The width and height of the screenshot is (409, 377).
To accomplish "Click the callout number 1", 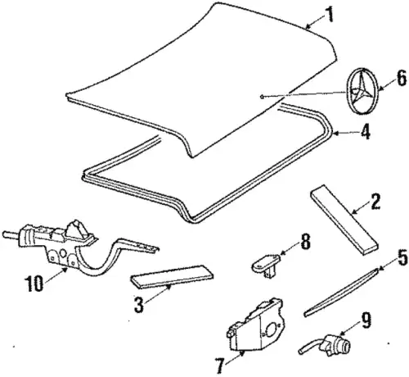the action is click(330, 15).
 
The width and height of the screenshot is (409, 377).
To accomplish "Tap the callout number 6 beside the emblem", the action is click(401, 79).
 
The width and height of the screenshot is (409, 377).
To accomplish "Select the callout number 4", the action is click(365, 132).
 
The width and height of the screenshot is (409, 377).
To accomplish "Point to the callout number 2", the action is click(375, 202).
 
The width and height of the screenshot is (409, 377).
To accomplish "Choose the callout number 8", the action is click(305, 242).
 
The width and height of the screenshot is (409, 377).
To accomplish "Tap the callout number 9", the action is click(366, 320).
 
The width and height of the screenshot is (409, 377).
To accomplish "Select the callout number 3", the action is click(139, 305).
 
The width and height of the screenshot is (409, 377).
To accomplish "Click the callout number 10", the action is click(34, 283).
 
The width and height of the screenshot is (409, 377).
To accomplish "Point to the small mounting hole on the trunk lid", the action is click(262, 96).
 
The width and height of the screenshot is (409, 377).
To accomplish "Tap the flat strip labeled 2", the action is click(344, 220).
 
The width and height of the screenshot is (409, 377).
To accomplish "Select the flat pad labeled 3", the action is click(173, 276).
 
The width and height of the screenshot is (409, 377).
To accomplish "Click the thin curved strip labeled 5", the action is click(341, 293).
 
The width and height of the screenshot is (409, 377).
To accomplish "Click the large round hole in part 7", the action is click(272, 330).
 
